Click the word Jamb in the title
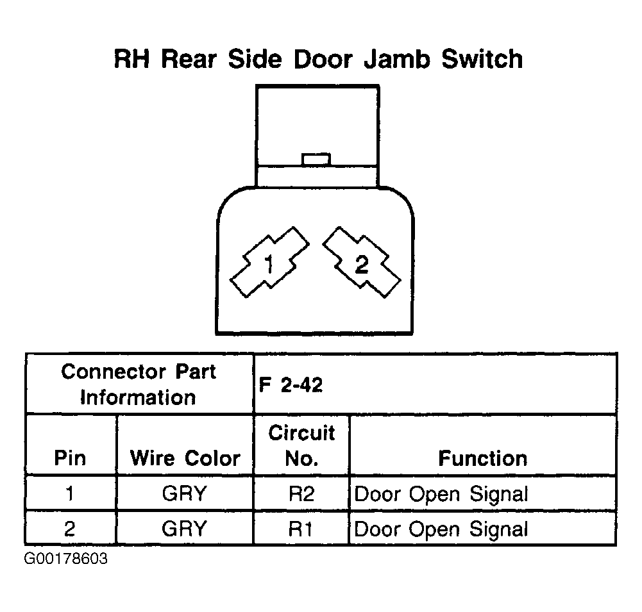click(397, 59)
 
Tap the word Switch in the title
click(482, 59)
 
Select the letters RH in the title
click(132, 59)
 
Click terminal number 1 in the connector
click(269, 262)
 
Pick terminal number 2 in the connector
click(362, 262)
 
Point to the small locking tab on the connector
click(316, 159)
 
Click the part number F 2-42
click(291, 385)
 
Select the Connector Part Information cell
click(139, 384)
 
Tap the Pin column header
click(70, 458)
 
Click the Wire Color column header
click(185, 458)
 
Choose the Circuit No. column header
click(301, 445)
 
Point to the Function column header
click(483, 458)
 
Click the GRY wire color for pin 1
click(184, 493)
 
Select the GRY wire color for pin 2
click(184, 529)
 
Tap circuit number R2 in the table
click(301, 493)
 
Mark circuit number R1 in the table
click(301, 529)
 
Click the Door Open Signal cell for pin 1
click(441, 494)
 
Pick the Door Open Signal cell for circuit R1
click(441, 529)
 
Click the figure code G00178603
click(66, 558)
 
